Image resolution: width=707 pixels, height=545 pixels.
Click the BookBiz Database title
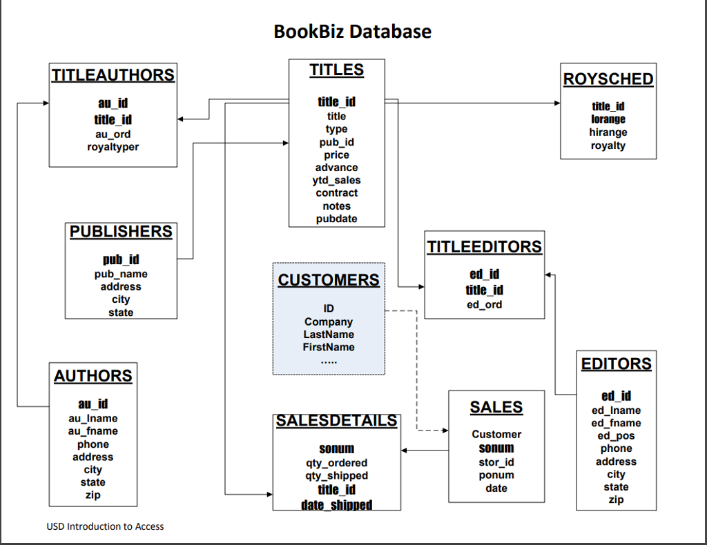pyautogui.click(x=352, y=32)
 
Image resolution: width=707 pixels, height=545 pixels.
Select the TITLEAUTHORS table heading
pyautogui.click(x=113, y=75)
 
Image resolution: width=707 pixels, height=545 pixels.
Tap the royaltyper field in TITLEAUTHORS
pyautogui.click(x=113, y=147)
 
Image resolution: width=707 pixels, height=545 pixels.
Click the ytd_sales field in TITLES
pyautogui.click(x=336, y=180)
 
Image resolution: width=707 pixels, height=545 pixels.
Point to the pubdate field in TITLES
pyautogui.click(x=336, y=219)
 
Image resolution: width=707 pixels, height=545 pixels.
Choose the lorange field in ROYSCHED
pyautogui.click(x=608, y=119)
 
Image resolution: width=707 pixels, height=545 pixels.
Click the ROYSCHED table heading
pyautogui.click(x=608, y=79)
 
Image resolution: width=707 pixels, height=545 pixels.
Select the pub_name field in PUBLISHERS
pyautogui.click(x=121, y=274)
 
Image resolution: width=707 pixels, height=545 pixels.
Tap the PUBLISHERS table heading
pyautogui.click(x=121, y=232)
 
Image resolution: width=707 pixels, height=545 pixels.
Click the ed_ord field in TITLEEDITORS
pyautogui.click(x=484, y=304)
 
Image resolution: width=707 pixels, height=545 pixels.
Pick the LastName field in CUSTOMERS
pyautogui.click(x=329, y=335)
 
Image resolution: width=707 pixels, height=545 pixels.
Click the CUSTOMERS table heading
pyautogui.click(x=329, y=280)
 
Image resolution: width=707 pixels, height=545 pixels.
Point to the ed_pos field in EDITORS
pyautogui.click(x=616, y=435)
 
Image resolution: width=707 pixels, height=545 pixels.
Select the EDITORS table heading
pyautogui.click(x=616, y=364)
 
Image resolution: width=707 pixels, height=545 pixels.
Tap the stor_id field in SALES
pyautogui.click(x=496, y=462)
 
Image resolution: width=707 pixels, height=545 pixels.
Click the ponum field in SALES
pyautogui.click(x=496, y=475)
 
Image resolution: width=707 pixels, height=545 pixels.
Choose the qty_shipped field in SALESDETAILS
pyautogui.click(x=336, y=475)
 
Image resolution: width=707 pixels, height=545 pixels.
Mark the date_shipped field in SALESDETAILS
pyautogui.click(x=336, y=505)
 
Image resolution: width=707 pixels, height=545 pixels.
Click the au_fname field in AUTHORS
pyautogui.click(x=93, y=431)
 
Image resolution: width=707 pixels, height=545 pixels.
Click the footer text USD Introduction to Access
pyautogui.click(x=105, y=526)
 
